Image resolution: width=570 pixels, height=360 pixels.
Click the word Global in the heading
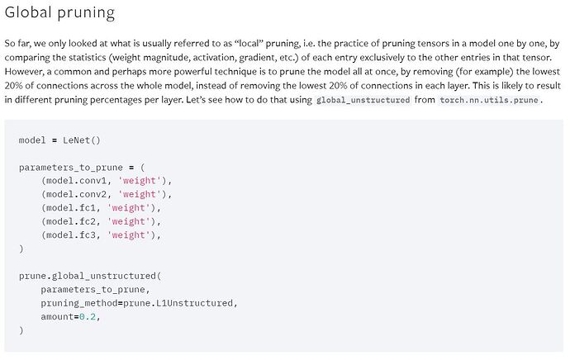coord(28,12)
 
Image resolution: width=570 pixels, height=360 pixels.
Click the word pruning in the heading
coord(86,13)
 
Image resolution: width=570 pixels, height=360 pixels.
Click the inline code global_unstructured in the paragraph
coord(363,100)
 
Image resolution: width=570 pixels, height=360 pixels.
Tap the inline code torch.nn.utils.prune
coord(488,100)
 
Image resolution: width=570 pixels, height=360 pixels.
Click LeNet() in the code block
coord(82,140)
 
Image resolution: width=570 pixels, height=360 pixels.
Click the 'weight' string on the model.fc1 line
coord(129,208)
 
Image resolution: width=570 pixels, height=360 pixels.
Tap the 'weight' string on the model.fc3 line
coord(129,235)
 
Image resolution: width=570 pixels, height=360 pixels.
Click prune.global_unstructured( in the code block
coord(90,276)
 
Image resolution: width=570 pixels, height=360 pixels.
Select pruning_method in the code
coord(79,303)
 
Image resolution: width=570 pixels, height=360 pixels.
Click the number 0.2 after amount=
coord(88,317)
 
